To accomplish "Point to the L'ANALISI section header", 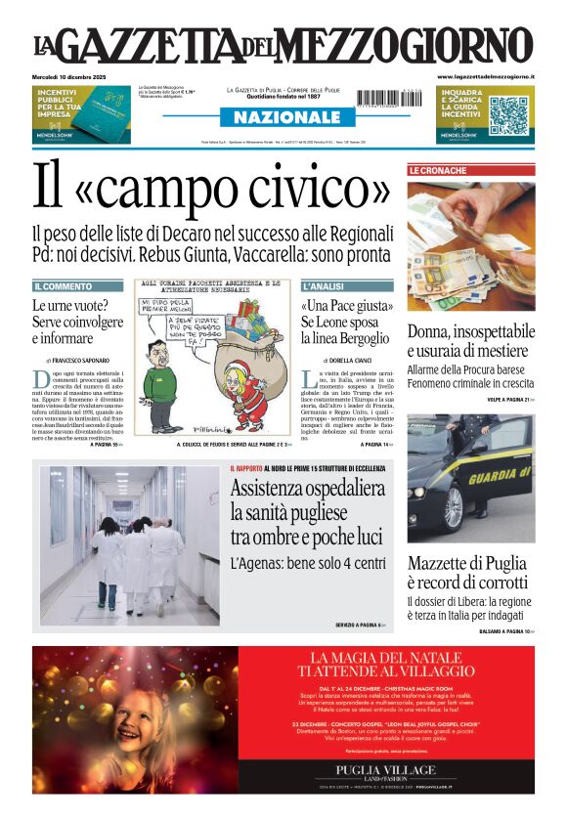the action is click(322, 286).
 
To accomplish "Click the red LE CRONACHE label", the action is click(437, 170).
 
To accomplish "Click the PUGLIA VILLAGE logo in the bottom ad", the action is click(385, 769).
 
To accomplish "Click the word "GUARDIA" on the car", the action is click(500, 477).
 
